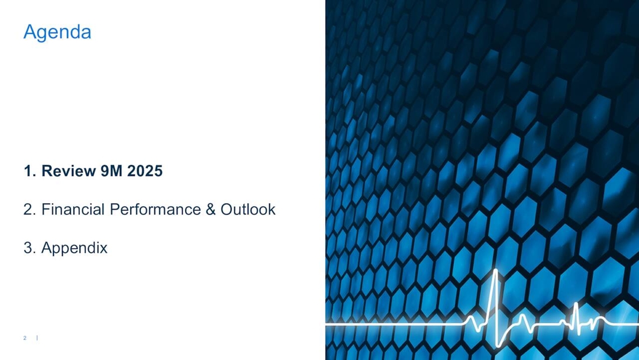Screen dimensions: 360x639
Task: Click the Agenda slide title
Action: click(57, 32)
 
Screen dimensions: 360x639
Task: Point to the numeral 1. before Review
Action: click(30, 172)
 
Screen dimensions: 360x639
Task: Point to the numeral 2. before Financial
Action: click(30, 210)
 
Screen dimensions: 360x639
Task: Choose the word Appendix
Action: click(75, 248)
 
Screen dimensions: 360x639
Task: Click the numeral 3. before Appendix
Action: click(30, 248)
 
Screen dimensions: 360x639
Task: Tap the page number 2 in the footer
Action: click(25, 338)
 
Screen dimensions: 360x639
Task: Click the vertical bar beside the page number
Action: click(37, 338)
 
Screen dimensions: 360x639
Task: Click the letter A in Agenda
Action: click(29, 32)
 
